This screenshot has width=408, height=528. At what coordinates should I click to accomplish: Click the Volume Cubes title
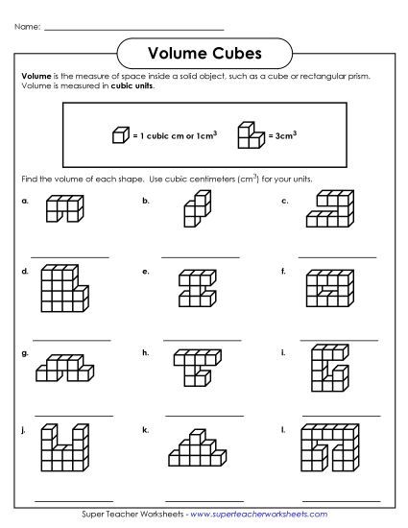(x=204, y=50)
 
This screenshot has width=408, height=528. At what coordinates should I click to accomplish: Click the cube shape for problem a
(x=63, y=210)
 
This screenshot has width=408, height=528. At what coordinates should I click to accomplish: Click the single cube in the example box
(x=120, y=135)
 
